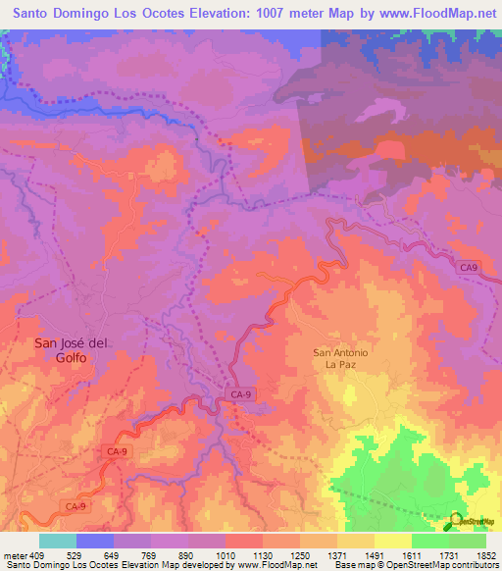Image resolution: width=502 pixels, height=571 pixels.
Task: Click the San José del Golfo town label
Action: [61, 350]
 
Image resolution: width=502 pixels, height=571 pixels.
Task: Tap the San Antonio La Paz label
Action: [340, 358]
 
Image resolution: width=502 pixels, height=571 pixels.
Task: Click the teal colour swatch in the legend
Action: [58, 541]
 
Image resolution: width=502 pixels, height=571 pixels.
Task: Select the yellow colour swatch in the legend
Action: [393, 541]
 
